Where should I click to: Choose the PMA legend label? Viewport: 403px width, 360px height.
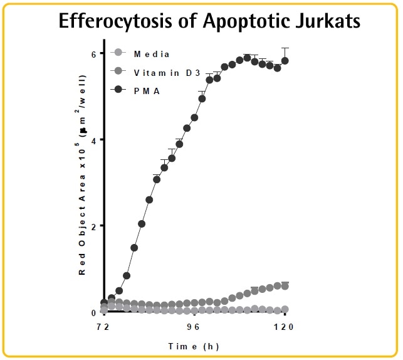(146, 90)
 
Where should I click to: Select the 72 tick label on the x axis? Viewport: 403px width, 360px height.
(103, 327)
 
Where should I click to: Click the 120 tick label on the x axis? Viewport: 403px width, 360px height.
(285, 327)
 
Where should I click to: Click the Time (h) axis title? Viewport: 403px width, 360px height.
(193, 346)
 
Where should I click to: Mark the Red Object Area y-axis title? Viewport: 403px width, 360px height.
(82, 188)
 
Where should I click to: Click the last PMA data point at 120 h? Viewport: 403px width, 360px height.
(285, 61)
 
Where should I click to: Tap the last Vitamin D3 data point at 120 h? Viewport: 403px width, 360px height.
(285, 286)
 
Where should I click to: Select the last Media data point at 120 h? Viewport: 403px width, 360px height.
(285, 309)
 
